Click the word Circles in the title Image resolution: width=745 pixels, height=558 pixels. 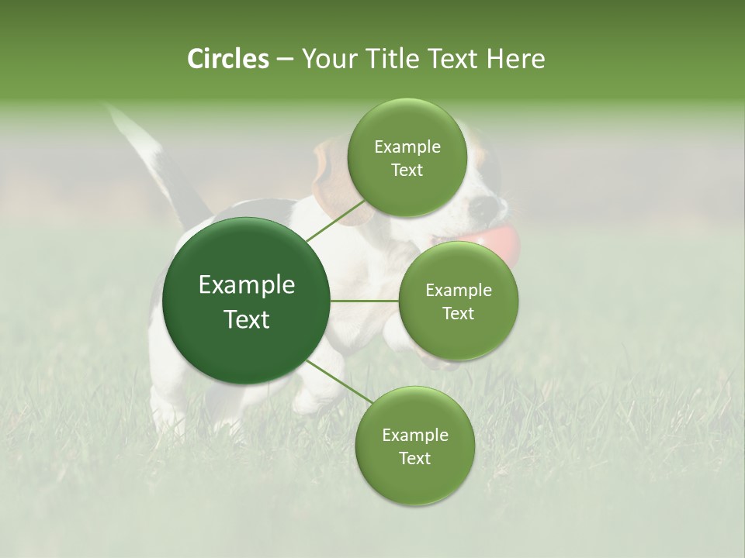(227, 59)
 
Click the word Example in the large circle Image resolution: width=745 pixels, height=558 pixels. (247, 285)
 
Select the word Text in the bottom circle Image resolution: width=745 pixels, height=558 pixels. (414, 458)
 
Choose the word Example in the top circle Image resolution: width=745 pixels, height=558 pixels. (407, 147)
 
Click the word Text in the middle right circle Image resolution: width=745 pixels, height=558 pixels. (458, 313)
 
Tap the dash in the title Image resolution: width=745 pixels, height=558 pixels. (284, 59)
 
